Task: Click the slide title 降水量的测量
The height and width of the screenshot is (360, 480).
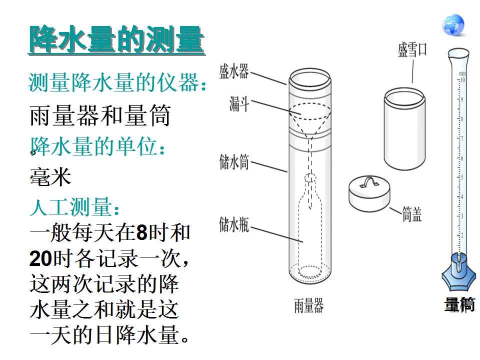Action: pos(116,40)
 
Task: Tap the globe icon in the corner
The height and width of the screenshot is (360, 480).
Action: pos(453,24)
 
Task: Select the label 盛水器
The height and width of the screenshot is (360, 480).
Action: pos(234,71)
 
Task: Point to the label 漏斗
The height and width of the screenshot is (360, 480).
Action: pos(239,103)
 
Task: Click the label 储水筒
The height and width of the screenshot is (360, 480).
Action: pos(234,161)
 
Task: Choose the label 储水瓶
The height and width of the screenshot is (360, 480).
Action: pos(234,224)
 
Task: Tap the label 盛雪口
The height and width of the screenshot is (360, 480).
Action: pos(412,49)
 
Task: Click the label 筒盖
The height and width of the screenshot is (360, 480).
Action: pos(411,214)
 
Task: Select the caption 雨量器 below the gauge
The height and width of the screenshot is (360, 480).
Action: pos(309,305)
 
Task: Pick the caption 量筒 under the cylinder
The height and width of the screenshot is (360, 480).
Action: pos(459,304)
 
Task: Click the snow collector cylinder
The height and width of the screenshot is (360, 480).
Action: pos(404,128)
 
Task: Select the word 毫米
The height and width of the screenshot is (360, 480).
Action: pos(50,176)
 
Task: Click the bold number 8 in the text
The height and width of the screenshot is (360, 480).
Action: pos(141,232)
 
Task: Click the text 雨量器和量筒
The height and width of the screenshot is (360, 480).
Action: pos(100,115)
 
